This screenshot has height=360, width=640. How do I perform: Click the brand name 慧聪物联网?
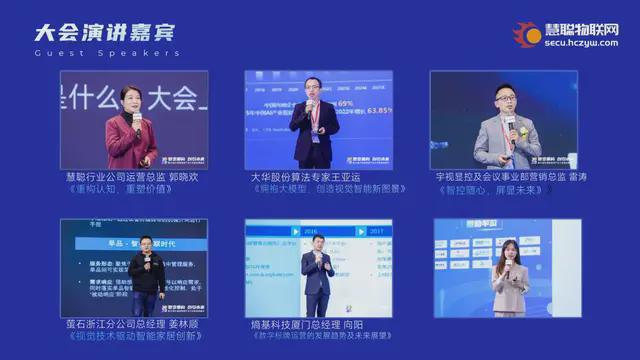[581, 30]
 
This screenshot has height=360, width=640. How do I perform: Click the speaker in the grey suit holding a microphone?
[507, 135]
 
